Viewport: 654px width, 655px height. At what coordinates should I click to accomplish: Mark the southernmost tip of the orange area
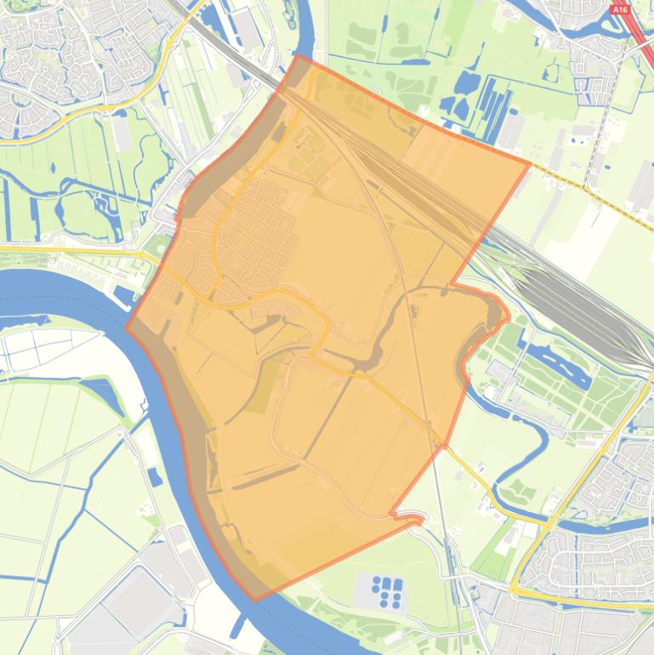[x=255, y=601]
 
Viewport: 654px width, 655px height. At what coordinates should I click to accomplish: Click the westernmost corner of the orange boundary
[x=127, y=327]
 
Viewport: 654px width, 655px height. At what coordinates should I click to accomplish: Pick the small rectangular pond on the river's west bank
[x=154, y=477]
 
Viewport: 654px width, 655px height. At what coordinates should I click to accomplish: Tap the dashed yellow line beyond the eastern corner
[x=595, y=191]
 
